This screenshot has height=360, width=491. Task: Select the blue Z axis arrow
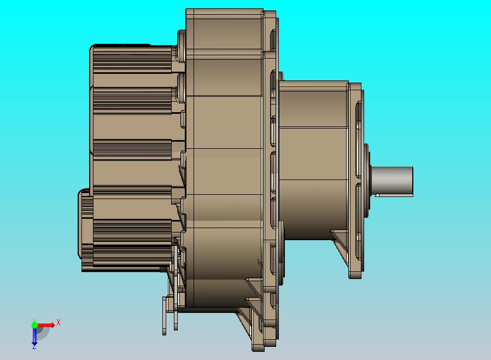click(34, 336)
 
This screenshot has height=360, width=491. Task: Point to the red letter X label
click(59, 322)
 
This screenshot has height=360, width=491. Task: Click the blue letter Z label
click(34, 347)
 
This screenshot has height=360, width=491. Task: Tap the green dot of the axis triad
click(34, 324)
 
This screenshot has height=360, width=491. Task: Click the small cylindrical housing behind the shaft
click(313, 160)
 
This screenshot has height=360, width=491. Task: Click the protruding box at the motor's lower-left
click(85, 224)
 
